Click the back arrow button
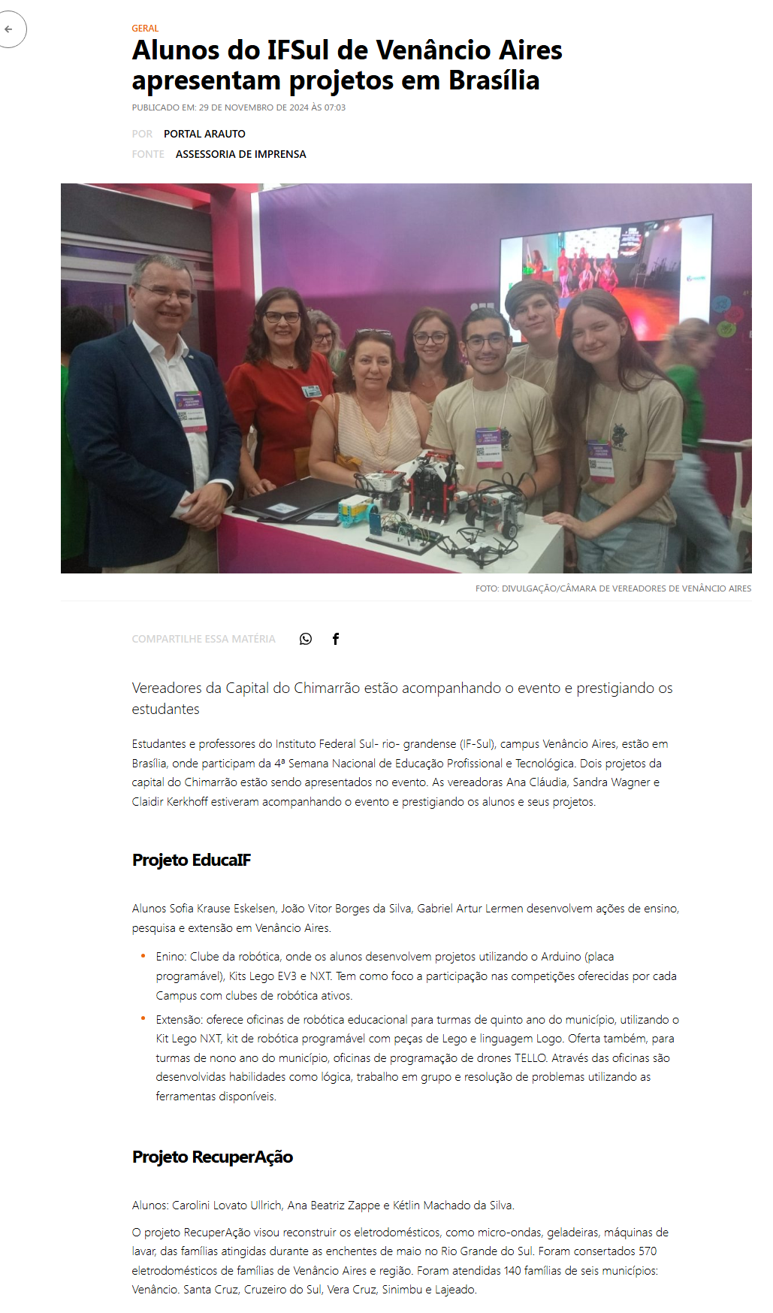[x=9, y=29]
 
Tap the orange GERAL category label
[x=145, y=29]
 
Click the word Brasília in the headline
[x=494, y=80]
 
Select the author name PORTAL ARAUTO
[x=204, y=134]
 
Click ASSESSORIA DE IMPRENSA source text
[x=240, y=154]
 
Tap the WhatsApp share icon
[x=306, y=639]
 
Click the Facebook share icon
[x=336, y=639]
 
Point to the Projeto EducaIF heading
[x=192, y=860]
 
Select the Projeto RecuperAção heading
[x=213, y=1157]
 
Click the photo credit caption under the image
[x=613, y=588]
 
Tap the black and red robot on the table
[x=433, y=489]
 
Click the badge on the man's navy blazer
[x=191, y=410]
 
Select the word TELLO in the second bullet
[x=530, y=1058]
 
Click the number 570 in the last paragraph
[x=647, y=1251]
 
